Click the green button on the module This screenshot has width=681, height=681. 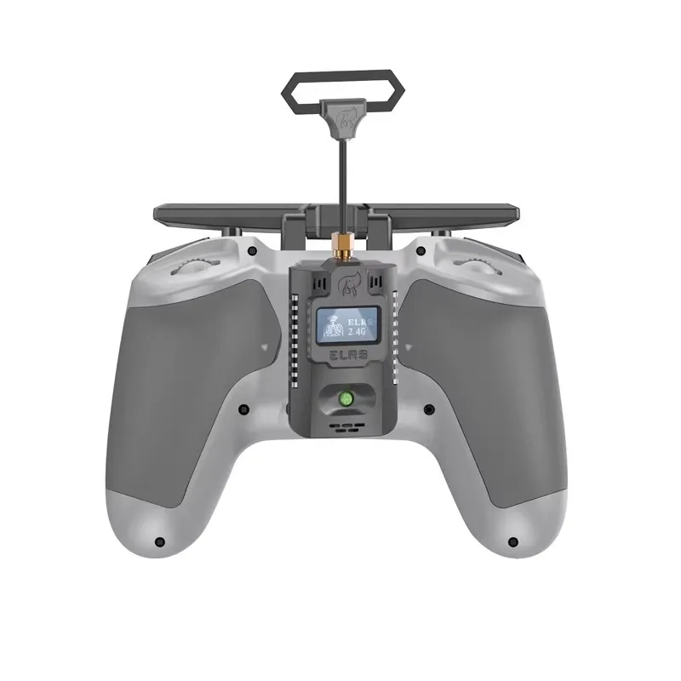(346, 398)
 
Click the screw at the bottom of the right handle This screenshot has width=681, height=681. (512, 541)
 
